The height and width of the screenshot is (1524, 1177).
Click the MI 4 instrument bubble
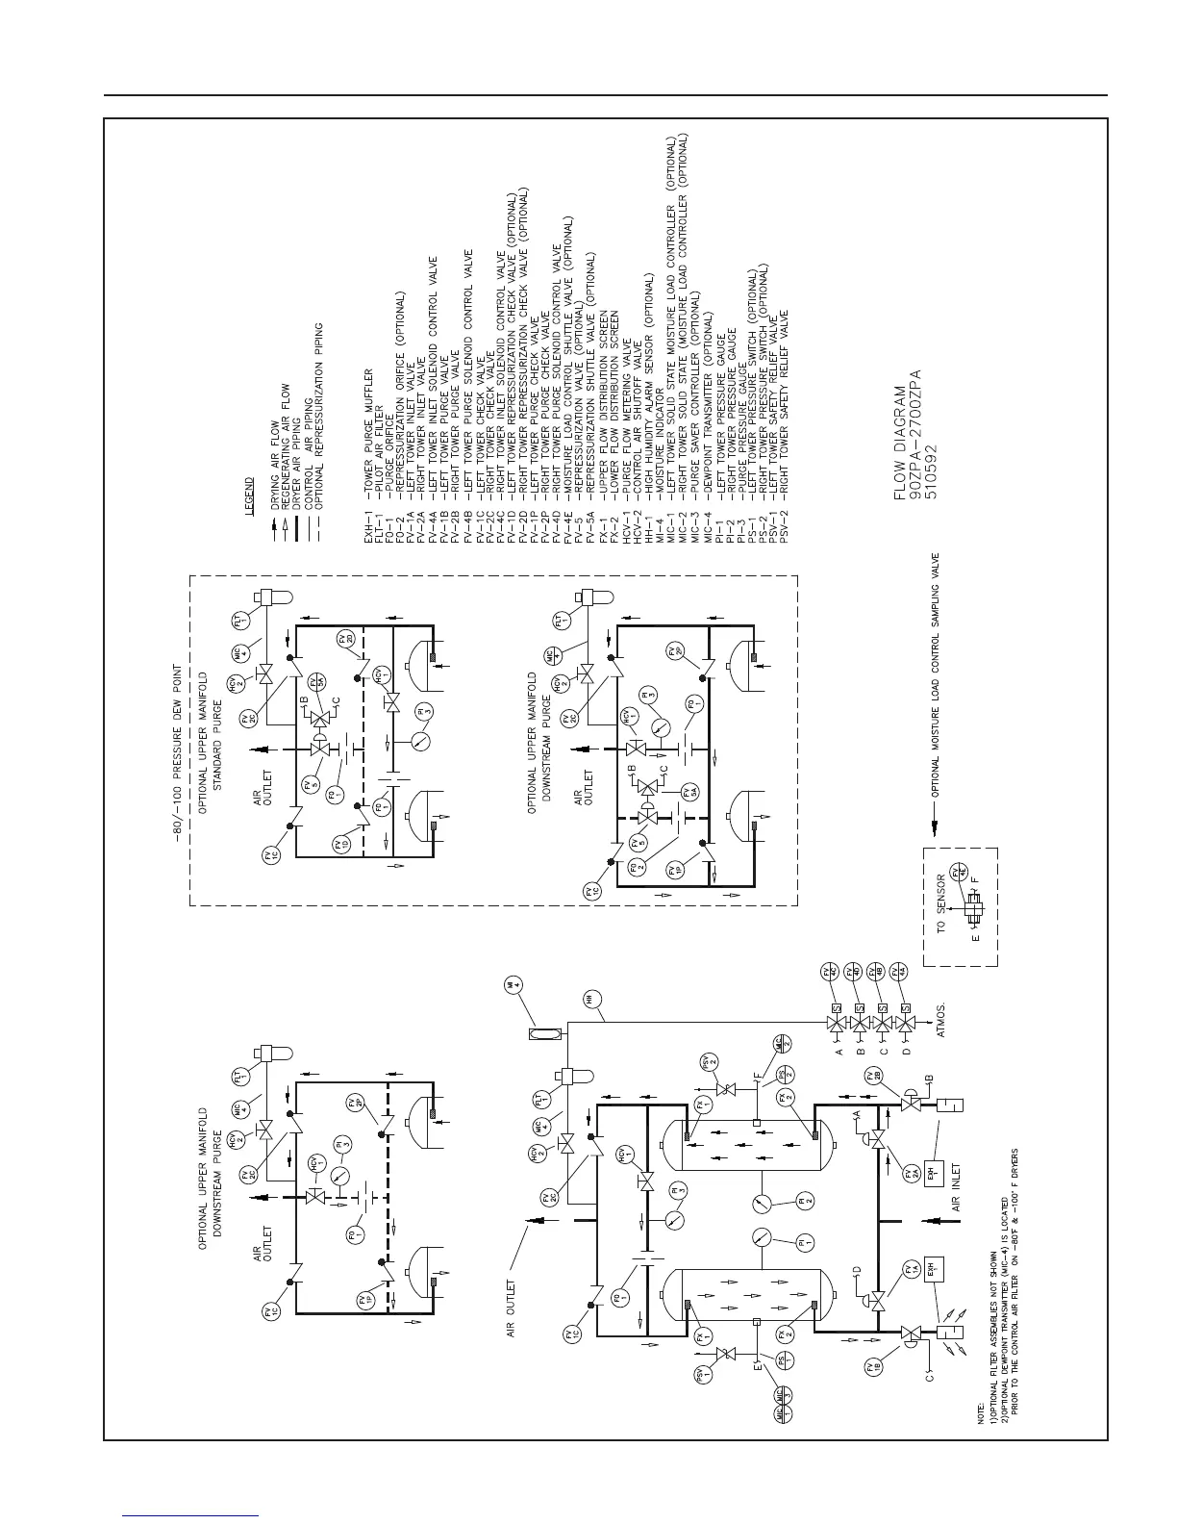coord(515,985)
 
